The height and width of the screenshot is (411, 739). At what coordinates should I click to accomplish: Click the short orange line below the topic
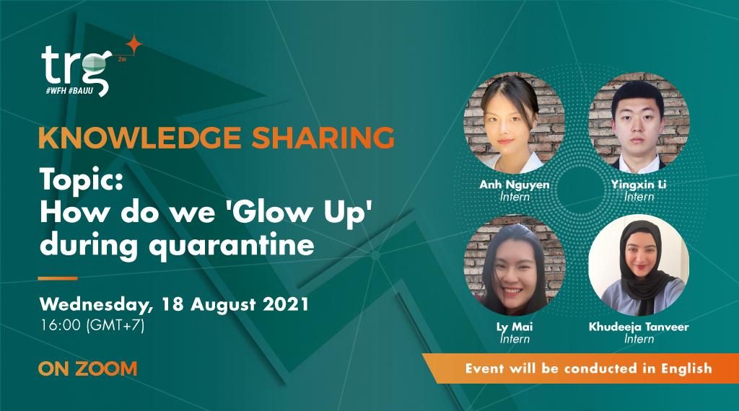click(x=57, y=278)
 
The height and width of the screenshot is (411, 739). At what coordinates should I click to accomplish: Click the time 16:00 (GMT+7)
click(x=92, y=325)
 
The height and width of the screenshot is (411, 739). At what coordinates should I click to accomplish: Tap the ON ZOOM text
click(x=87, y=369)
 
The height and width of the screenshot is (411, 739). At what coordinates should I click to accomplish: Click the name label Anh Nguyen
click(x=514, y=185)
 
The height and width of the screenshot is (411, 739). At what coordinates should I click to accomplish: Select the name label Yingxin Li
click(x=639, y=185)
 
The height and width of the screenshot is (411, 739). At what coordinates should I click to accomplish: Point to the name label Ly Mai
click(x=514, y=327)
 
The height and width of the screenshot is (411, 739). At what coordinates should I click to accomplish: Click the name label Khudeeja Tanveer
click(x=639, y=327)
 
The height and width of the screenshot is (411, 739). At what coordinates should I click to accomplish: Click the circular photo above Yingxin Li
click(x=639, y=123)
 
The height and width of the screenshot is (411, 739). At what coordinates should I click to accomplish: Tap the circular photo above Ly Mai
click(x=514, y=265)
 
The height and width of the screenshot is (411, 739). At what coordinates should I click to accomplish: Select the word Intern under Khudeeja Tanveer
click(x=639, y=339)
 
